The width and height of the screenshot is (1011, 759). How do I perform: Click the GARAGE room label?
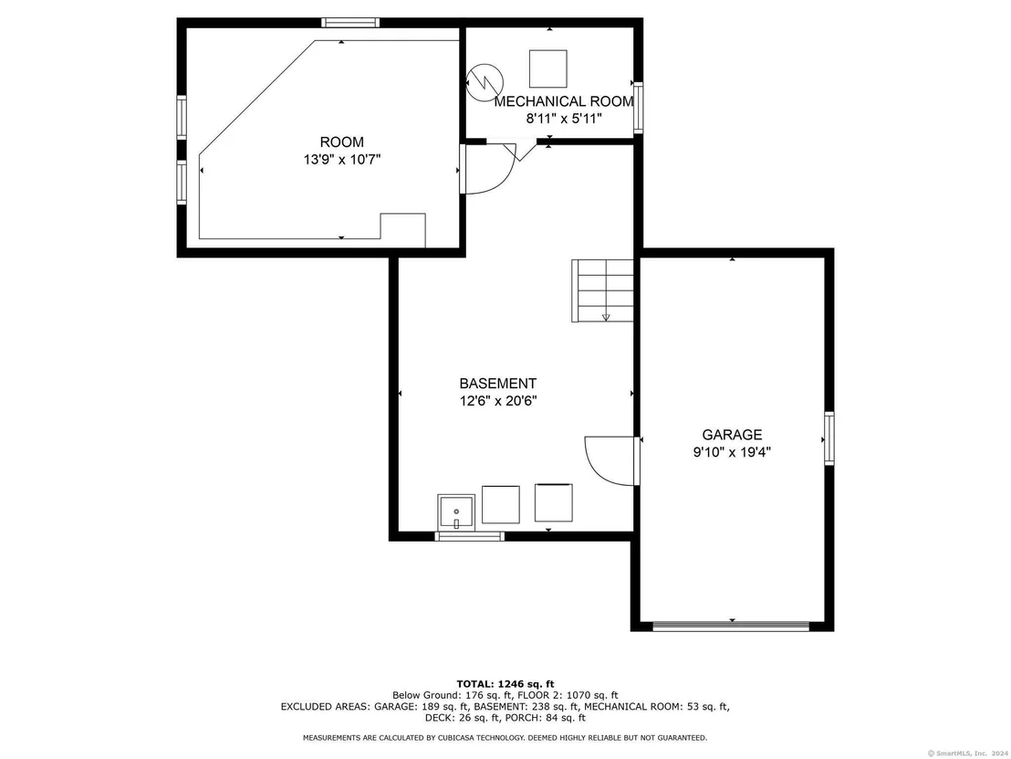coord(732,435)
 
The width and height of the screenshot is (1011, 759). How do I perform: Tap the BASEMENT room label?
coord(498,384)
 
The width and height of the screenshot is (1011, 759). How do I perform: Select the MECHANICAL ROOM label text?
coord(564,101)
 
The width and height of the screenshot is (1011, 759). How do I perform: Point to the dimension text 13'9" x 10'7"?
coord(342,160)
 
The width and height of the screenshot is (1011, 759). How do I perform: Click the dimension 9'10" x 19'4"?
coord(732,452)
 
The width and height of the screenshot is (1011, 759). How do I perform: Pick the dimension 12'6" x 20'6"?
coord(498,401)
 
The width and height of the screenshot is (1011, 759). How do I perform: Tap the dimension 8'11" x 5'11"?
coord(564,119)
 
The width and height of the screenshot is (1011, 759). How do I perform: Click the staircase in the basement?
coord(602,290)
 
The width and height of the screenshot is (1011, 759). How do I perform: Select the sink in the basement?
coord(456,513)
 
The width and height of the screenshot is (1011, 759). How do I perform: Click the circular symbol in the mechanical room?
coord(485,82)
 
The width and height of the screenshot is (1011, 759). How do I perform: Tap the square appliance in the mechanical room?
coord(548,69)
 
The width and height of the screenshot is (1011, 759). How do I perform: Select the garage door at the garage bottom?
coord(731,626)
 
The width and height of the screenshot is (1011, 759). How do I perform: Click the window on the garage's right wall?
coord(829,438)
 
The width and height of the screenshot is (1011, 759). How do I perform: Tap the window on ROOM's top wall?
coord(350,23)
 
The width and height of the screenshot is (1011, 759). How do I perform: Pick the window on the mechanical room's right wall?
coord(639,107)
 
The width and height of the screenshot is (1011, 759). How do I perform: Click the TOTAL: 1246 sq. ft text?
coord(505,684)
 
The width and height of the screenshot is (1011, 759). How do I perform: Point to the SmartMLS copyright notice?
coord(968,754)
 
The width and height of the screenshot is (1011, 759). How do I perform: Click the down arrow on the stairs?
coord(606,317)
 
